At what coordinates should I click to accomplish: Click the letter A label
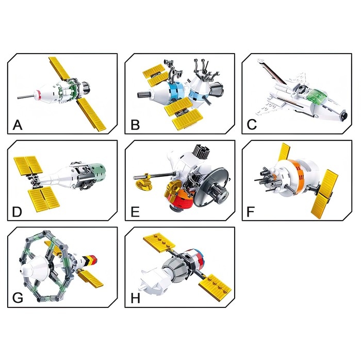(x=18, y=125)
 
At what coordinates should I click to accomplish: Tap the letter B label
(x=135, y=125)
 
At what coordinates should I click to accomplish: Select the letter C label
(x=252, y=125)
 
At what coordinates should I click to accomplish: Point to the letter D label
(x=17, y=212)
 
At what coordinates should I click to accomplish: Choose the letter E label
(x=135, y=212)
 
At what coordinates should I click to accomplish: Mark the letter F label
(x=250, y=212)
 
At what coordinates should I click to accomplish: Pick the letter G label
(x=18, y=298)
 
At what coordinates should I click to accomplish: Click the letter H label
(x=135, y=299)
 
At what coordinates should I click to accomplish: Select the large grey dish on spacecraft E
(x=210, y=187)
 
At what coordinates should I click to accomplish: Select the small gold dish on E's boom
(x=144, y=185)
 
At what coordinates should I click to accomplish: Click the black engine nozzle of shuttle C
(x=344, y=115)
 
